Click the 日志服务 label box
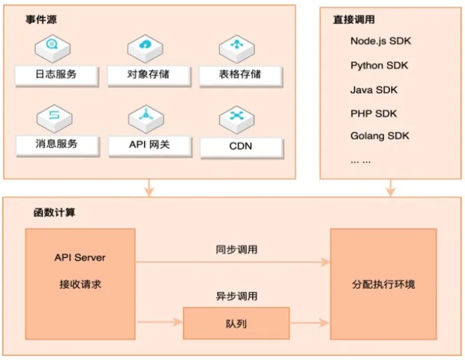click(56, 75)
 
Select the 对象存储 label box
click(149, 75)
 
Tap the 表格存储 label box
click(240, 75)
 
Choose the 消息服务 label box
click(56, 144)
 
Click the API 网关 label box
click(149, 145)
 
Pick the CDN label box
click(240, 146)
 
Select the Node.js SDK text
click(380, 41)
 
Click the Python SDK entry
click(379, 66)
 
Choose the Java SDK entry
click(374, 90)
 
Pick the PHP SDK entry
click(374, 113)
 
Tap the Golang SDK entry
click(380, 136)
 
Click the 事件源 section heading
click(41, 19)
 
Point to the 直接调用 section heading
click(354, 20)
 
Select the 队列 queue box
click(236, 323)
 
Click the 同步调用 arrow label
click(236, 250)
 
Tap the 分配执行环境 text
click(383, 284)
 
